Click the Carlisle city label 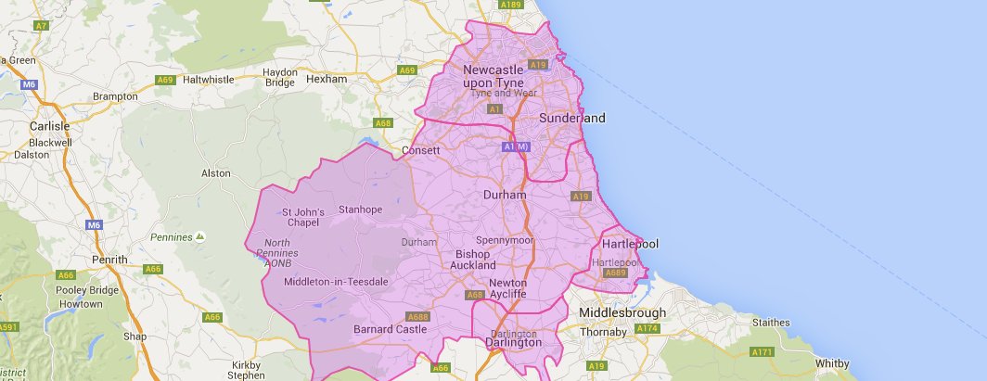pyautogui.click(x=48, y=125)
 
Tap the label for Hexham pyautogui.click(x=326, y=79)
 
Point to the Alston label pyautogui.click(x=216, y=173)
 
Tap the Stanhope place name pyautogui.click(x=361, y=210)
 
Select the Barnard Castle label pyautogui.click(x=391, y=329)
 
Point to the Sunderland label pyautogui.click(x=571, y=118)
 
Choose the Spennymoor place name pyautogui.click(x=505, y=240)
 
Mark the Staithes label pyautogui.click(x=767, y=322)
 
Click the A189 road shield pyautogui.click(x=510, y=5)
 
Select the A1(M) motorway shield pyautogui.click(x=515, y=147)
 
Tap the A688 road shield pyautogui.click(x=418, y=316)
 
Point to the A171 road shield pyautogui.click(x=763, y=352)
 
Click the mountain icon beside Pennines pyautogui.click(x=200, y=237)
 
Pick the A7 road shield pyautogui.click(x=41, y=26)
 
